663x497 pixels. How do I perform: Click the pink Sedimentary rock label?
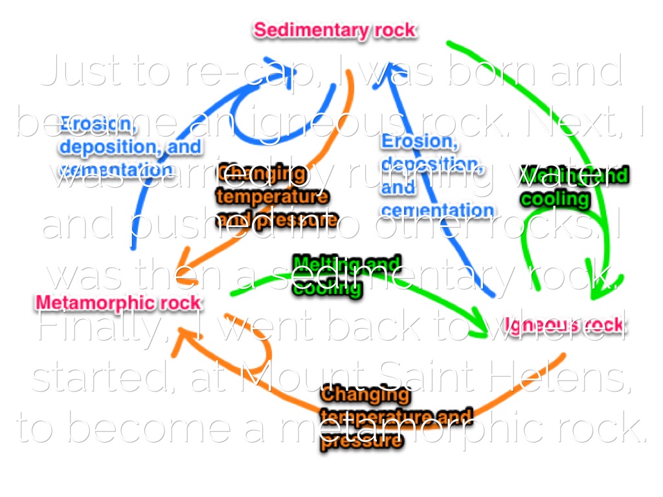click(335, 30)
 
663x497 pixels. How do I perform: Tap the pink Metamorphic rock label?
click(118, 302)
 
